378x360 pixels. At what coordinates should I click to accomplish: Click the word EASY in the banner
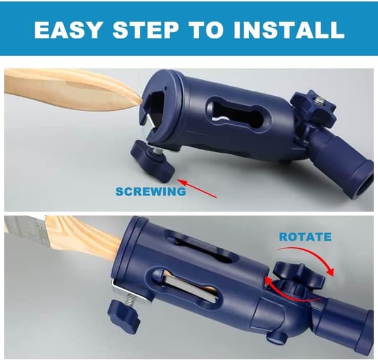67,30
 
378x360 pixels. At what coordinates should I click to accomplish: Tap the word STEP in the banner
146,30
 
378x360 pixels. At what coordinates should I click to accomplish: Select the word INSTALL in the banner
289,30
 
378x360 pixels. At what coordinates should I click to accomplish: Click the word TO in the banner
207,30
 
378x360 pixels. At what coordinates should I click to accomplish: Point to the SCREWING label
151,192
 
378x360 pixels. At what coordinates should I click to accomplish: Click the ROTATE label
305,236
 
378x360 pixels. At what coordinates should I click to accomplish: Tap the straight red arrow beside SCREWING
197,189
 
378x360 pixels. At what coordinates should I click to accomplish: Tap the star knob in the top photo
313,107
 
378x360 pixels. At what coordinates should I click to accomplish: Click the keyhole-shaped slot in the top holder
238,113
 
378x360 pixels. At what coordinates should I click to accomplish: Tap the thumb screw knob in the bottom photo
123,314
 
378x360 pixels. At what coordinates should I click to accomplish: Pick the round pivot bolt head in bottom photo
275,338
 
